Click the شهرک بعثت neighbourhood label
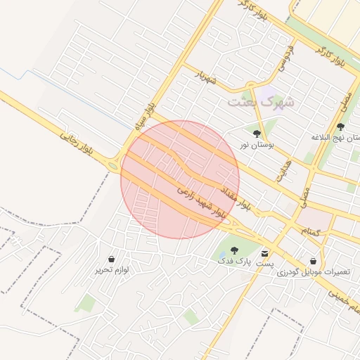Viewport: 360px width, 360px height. coord(261,102)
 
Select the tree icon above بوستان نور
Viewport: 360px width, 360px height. coord(256,132)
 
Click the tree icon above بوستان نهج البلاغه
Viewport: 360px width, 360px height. coord(341,127)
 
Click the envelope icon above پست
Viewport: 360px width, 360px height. coord(264,253)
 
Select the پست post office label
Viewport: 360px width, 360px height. coord(264,263)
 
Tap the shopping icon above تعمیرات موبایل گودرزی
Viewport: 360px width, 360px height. coord(312,261)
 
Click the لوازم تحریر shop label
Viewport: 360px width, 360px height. coord(112,269)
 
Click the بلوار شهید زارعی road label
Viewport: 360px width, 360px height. coord(201,201)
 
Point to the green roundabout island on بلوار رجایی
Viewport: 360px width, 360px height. coord(113,167)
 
